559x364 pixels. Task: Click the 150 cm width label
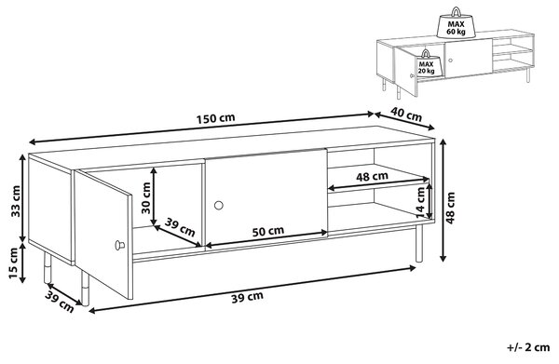[x=216, y=118]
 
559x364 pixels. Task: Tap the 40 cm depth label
[x=406, y=114]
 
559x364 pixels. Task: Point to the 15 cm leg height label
[x=13, y=263]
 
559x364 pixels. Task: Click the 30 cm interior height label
[x=146, y=198]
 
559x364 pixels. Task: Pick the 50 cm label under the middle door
[x=268, y=232]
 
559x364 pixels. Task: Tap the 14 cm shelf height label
[x=422, y=202]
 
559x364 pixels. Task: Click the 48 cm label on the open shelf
[x=372, y=176]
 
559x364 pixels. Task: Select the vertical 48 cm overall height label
[x=450, y=208]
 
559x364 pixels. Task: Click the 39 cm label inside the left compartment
[x=180, y=227]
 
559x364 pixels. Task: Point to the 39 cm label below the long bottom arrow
[x=248, y=297]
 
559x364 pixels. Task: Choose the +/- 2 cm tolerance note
[x=528, y=347]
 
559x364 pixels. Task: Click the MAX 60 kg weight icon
[x=456, y=23]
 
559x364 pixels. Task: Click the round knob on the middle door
[x=219, y=205]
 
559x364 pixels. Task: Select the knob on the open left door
[x=119, y=245]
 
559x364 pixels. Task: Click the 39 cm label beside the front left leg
[x=60, y=302]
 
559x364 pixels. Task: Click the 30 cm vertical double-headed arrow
[x=154, y=196]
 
